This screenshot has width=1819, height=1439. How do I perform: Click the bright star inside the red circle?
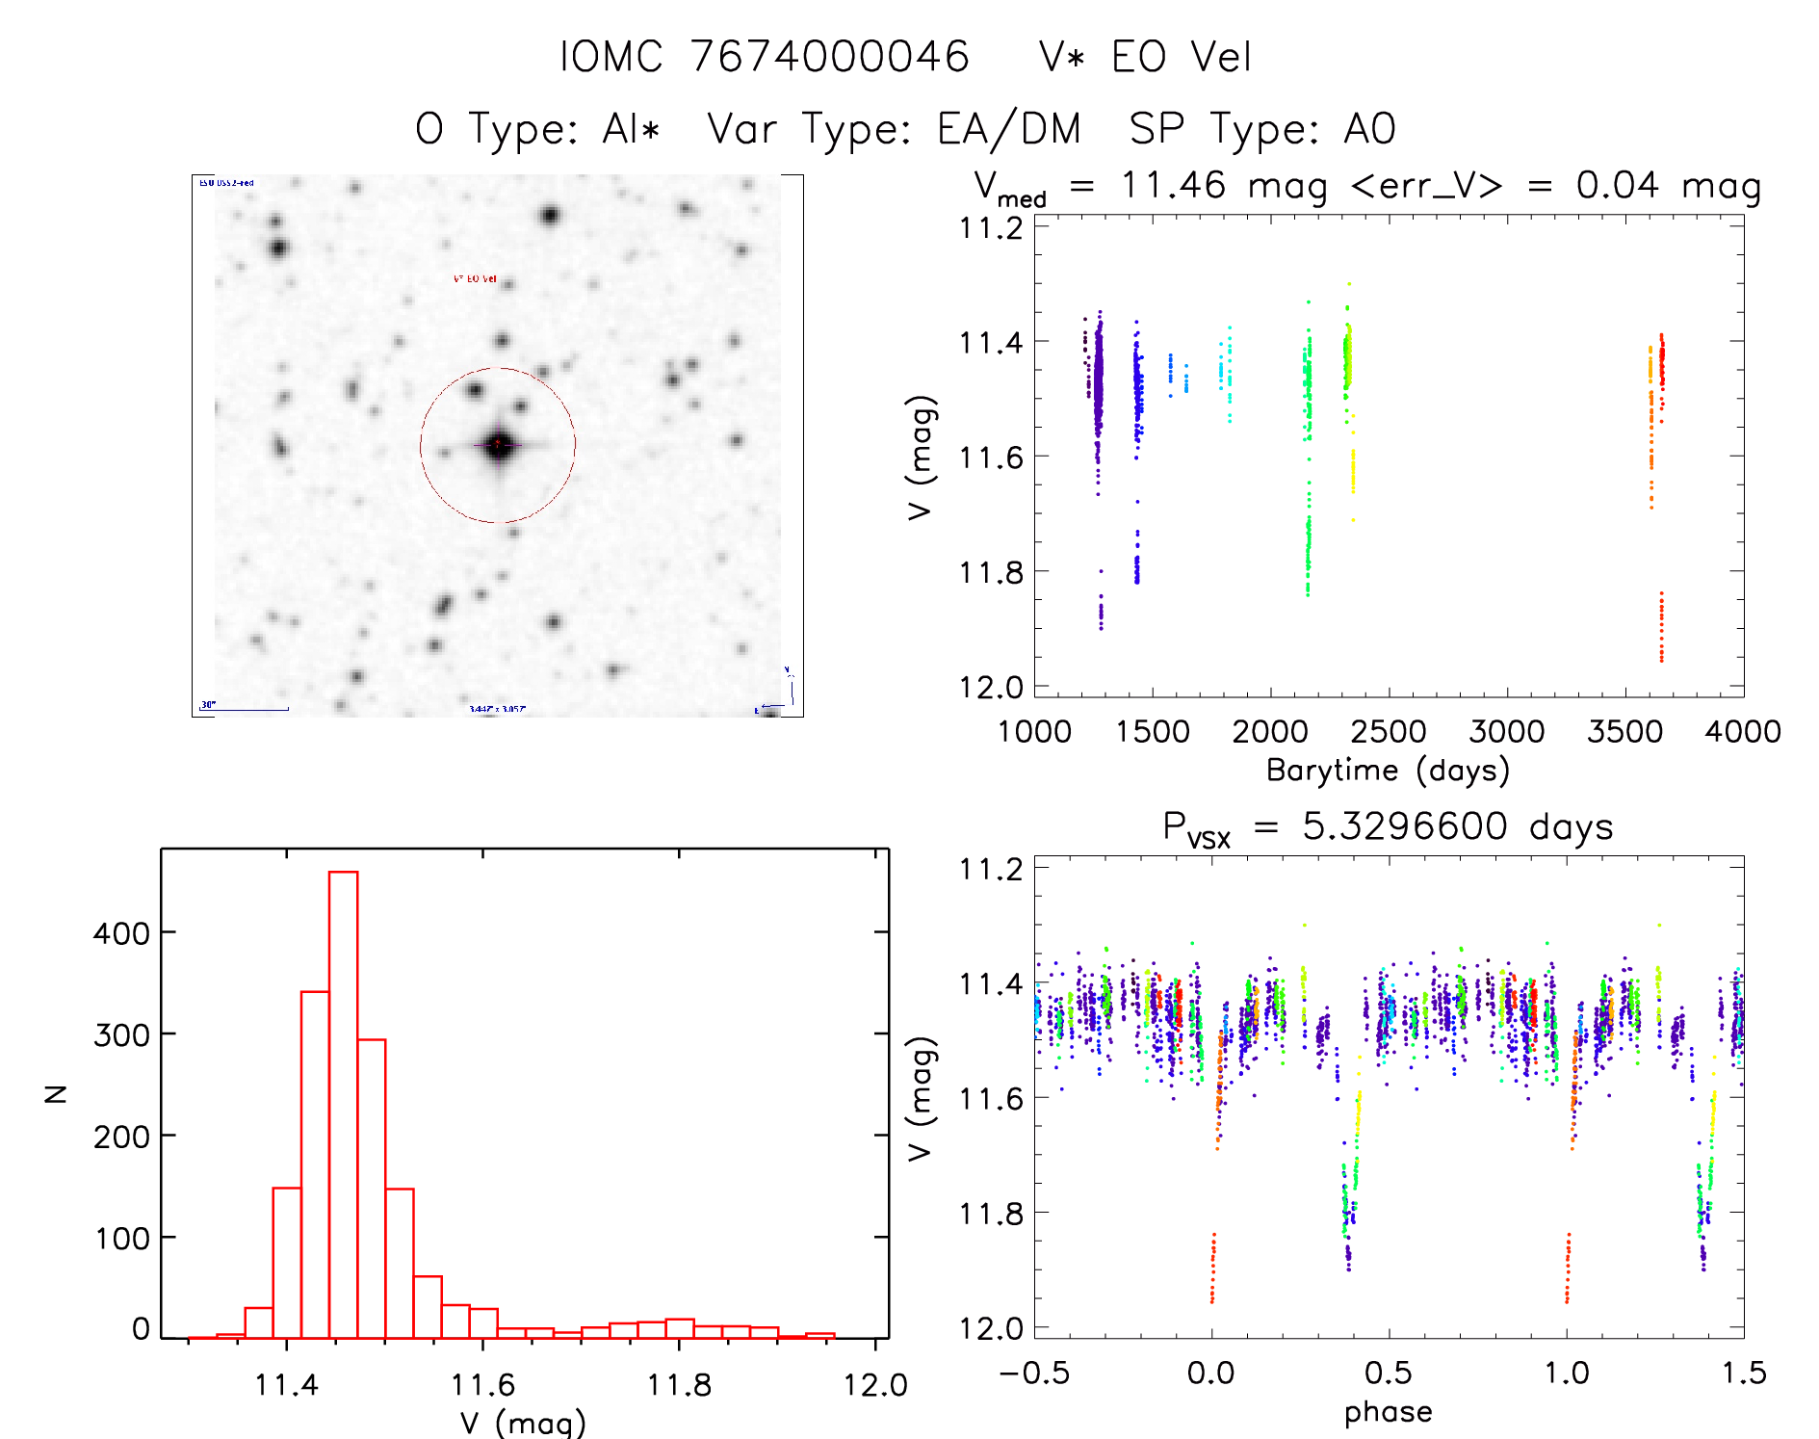coord(498,445)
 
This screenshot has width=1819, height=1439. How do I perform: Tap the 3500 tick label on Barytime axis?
coord(1624,731)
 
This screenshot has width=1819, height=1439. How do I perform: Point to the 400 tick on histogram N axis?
coord(122,932)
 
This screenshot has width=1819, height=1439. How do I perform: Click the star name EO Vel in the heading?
coord(1181,57)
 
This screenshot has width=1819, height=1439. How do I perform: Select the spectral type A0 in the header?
coord(1370,129)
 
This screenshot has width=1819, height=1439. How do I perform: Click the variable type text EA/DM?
coord(1008,129)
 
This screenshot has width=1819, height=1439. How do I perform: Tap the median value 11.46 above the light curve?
coord(1172,185)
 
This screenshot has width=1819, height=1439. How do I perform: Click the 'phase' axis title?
coord(1388,1411)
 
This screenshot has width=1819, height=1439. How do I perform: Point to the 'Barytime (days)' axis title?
coord(1388,771)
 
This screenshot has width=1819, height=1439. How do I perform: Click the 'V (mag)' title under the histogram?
coord(523,1423)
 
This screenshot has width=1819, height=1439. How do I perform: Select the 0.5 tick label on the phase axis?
coord(1388,1373)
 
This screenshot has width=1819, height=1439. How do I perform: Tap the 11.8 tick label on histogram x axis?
coord(679,1385)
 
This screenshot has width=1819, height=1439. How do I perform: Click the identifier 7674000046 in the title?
coord(829,57)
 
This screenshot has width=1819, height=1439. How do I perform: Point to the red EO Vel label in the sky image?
coord(475,278)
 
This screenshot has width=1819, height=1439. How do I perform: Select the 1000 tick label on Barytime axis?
coord(1034,731)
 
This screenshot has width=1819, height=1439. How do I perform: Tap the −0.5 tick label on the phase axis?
coord(1034,1373)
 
